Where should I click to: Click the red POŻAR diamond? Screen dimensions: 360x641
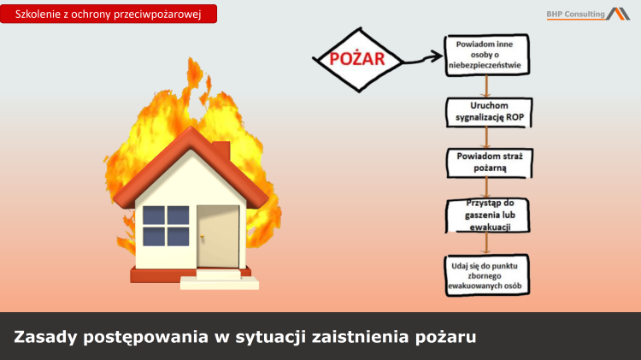click(x=357, y=59)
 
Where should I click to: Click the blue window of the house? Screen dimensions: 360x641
click(x=166, y=225)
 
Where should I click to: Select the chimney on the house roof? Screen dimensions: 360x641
click(x=221, y=151)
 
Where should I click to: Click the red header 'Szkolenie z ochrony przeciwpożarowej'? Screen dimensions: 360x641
click(x=109, y=14)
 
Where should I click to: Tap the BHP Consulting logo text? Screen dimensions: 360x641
click(x=575, y=14)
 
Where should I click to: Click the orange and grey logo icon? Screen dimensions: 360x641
click(x=618, y=13)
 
